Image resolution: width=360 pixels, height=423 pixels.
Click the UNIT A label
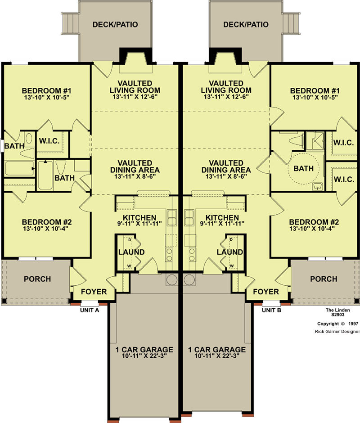tap(90, 310)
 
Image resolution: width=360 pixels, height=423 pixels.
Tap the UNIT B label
tap(271, 310)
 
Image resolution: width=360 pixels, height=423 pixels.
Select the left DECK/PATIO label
tap(115, 25)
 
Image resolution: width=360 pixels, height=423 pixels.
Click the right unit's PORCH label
tap(324, 279)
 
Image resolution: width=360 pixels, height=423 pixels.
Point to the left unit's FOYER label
tap(94, 292)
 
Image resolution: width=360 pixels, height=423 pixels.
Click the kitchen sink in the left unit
tap(171, 217)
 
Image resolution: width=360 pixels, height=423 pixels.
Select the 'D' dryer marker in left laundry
tap(130, 239)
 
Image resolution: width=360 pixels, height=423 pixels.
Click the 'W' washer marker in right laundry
tap(232, 266)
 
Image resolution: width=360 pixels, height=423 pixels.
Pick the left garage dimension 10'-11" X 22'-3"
tap(144, 356)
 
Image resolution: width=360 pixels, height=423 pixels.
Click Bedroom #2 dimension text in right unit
tap(314, 229)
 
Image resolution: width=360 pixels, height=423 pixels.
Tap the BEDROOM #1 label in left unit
tap(47, 90)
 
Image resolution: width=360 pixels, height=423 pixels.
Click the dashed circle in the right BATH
tap(304, 168)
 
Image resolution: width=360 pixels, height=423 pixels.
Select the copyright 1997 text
tap(337, 324)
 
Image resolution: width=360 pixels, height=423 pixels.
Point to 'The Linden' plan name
tap(337, 310)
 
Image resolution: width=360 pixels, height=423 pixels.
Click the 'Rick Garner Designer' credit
tap(337, 332)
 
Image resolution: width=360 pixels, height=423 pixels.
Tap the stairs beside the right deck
tap(291, 23)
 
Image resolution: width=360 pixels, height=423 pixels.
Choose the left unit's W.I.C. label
tap(49, 141)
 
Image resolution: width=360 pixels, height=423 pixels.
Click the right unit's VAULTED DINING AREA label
tap(226, 166)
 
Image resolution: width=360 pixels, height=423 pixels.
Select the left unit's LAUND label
tap(131, 252)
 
